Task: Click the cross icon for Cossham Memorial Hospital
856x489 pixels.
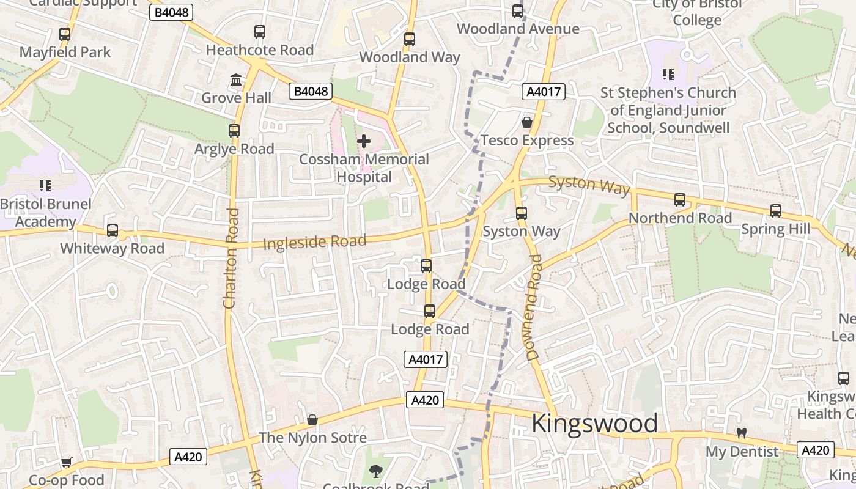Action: pos(364,142)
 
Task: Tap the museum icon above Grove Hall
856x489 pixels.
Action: pos(236,80)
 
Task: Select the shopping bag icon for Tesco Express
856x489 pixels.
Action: pos(527,123)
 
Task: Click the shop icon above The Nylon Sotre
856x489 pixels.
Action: pos(312,420)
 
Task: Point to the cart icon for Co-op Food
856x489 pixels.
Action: pos(67,463)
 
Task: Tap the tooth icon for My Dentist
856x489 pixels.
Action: pos(742,433)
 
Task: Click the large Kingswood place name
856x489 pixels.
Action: pos(594,423)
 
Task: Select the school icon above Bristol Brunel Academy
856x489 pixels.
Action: pos(45,186)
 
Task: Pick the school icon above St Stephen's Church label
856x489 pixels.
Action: pos(668,75)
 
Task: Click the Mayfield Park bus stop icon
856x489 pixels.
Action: pos(65,34)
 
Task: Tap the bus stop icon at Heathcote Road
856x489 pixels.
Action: pos(260,32)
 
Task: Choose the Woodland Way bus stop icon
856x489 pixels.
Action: pos(410,39)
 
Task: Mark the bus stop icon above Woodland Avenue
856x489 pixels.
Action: pos(518,11)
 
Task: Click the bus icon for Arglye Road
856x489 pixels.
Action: pos(234,131)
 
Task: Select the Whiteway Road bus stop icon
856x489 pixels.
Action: pos(113,230)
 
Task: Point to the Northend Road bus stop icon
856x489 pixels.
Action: pos(680,200)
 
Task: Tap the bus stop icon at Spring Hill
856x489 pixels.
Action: pos(776,211)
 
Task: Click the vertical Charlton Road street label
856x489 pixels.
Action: pos(231,259)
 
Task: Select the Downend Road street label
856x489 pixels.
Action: pos(534,307)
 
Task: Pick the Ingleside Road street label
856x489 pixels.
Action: pos(314,242)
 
